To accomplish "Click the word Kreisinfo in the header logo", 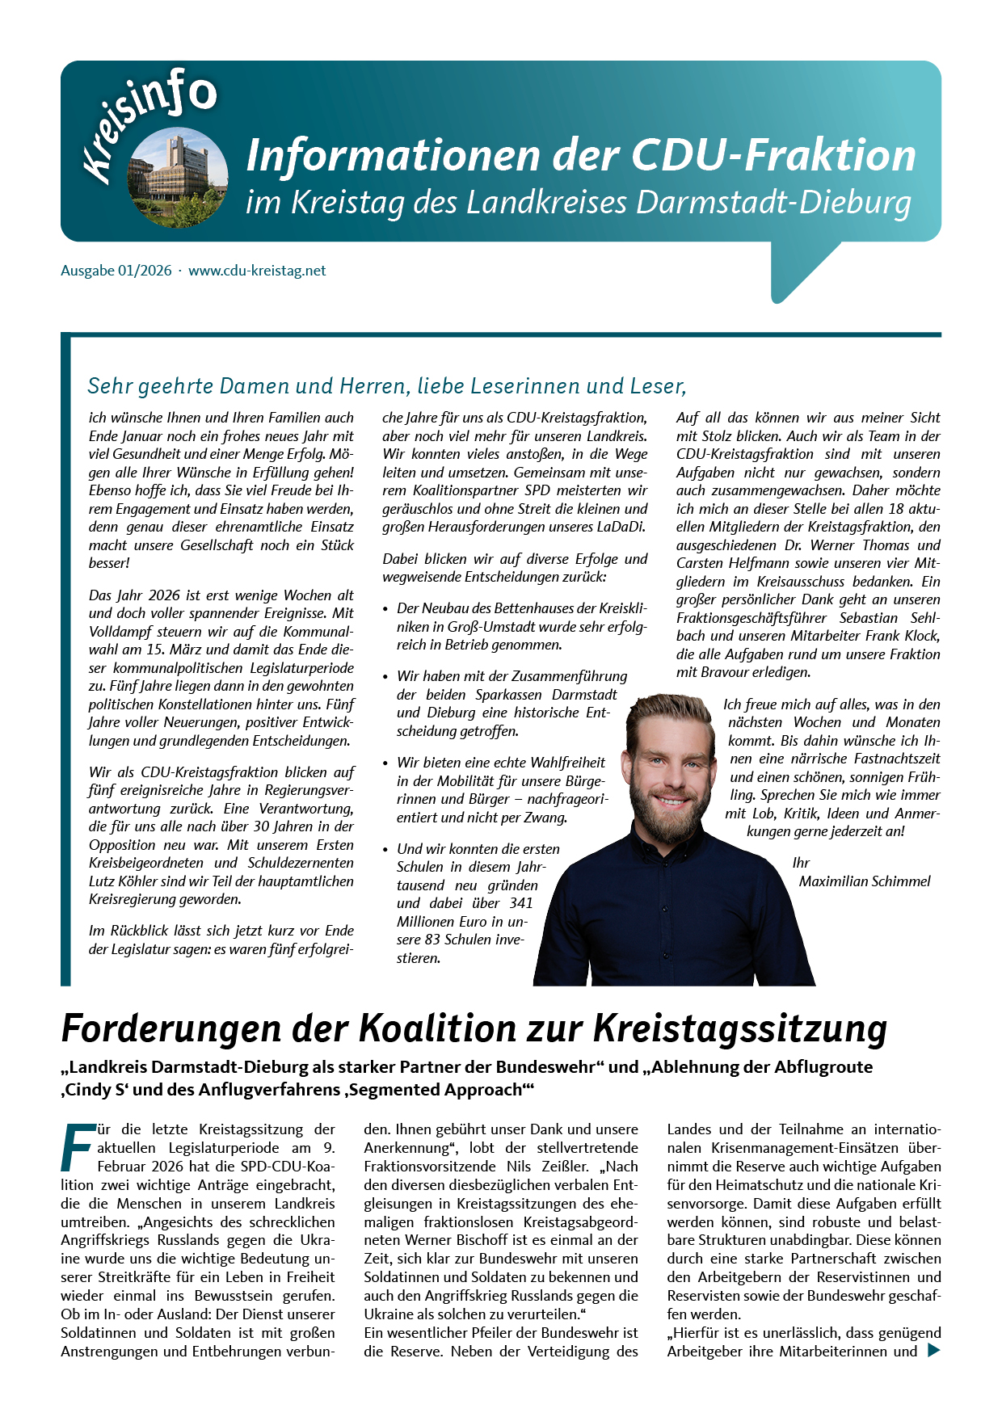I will point(149,121).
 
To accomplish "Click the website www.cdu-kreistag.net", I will point(257,271).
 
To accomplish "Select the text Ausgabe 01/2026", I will point(116,271).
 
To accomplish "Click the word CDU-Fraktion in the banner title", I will point(773,156).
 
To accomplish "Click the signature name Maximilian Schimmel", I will point(865,881).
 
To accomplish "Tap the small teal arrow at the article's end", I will point(933,1350).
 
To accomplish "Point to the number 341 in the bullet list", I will point(521,903).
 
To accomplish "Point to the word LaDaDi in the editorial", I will point(621,527).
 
